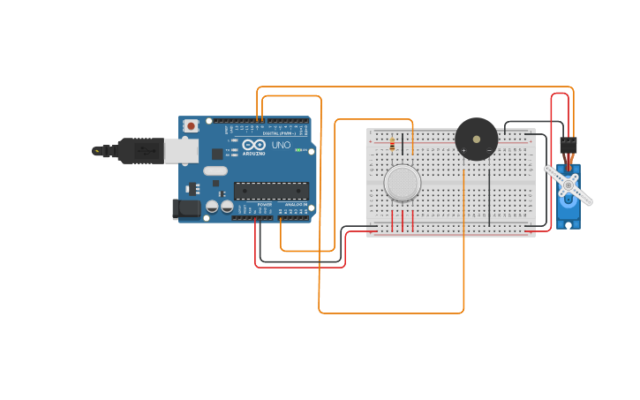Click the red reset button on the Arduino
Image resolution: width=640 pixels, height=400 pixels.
pyautogui.click(x=191, y=126)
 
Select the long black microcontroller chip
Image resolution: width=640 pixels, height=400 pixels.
pyautogui.click(x=271, y=191)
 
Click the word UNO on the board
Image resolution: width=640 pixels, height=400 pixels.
pyautogui.click(x=281, y=145)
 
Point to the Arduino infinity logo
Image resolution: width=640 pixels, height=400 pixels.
pyautogui.click(x=253, y=145)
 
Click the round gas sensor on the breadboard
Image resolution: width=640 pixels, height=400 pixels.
pyautogui.click(x=402, y=182)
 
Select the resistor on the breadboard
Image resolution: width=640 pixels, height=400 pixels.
pyautogui.click(x=392, y=144)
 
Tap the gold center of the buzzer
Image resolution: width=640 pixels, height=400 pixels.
pyautogui.click(x=477, y=139)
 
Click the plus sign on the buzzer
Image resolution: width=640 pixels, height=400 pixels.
pyautogui.click(x=463, y=150)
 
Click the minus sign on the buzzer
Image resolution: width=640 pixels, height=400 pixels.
pyautogui.click(x=489, y=150)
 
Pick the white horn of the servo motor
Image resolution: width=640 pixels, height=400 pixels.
pyautogui.click(x=568, y=185)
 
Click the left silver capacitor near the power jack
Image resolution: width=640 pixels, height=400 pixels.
pyautogui.click(x=212, y=207)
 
